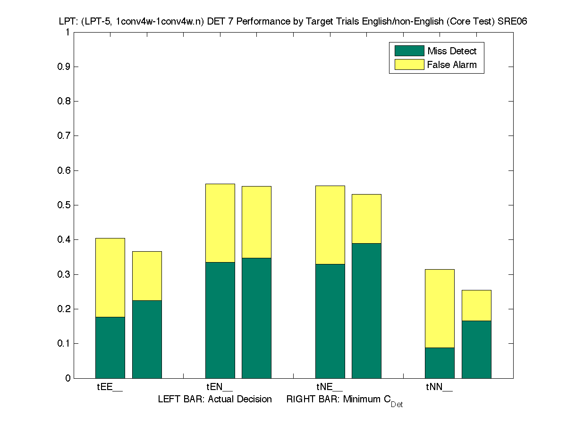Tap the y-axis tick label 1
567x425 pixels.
point(68,32)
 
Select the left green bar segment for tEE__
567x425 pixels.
point(110,347)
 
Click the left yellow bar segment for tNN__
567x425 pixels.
point(440,308)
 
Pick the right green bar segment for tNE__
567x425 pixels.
point(366,310)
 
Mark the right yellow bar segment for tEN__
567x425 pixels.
point(256,222)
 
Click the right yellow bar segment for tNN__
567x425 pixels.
point(476,305)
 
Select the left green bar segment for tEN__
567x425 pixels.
point(220,320)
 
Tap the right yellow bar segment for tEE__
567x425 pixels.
point(147,276)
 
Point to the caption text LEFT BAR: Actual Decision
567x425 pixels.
point(215,399)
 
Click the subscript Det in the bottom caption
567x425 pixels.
point(397,405)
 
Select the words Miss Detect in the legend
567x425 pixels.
point(452,51)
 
